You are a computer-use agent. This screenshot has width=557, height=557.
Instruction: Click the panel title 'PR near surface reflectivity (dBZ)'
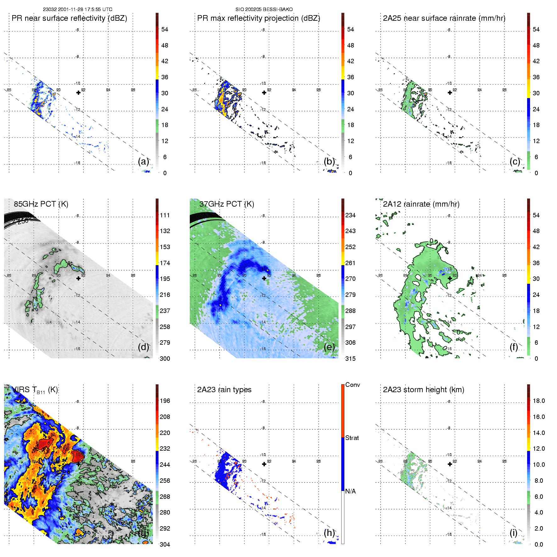tap(69, 18)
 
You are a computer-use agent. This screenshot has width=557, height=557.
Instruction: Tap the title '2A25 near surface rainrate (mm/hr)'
tap(444, 18)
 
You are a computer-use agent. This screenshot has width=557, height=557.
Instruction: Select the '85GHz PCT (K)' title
tap(41, 204)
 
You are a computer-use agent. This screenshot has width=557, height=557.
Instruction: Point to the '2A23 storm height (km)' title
tap(423, 390)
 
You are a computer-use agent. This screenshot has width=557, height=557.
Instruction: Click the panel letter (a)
tap(143, 162)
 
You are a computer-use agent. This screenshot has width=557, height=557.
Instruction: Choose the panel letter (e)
tap(329, 347)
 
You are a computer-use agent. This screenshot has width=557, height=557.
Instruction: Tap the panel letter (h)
tap(329, 533)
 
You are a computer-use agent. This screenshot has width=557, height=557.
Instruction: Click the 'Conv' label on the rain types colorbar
tap(353, 385)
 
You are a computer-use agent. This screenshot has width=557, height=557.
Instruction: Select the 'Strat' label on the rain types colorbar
tap(352, 438)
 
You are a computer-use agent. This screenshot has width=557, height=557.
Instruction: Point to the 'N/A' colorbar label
tap(351, 491)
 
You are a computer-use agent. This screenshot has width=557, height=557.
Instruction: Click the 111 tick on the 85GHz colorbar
tap(165, 215)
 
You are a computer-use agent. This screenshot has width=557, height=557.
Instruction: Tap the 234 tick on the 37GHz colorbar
tap(350, 215)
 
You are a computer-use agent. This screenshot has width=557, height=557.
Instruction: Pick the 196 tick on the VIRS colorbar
tap(165, 401)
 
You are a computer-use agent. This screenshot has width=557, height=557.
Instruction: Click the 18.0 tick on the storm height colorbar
tap(539, 401)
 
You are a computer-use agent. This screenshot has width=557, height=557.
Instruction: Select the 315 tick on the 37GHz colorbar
tap(350, 359)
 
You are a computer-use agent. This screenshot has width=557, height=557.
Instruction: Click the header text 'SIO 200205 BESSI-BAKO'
tap(264, 9)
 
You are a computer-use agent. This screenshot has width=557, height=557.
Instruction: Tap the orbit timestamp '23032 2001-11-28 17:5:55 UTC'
tap(78, 9)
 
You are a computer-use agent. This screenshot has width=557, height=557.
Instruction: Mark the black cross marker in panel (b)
tap(264, 93)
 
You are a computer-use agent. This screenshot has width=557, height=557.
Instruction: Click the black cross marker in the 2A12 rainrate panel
tap(450, 278)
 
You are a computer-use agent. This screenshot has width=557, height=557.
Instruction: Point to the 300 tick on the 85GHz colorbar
tap(165, 359)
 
